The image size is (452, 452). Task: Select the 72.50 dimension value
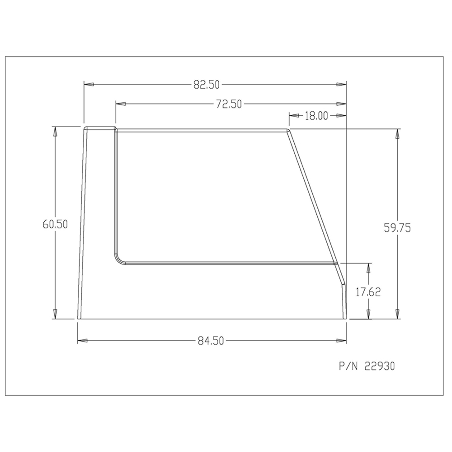pos(228,104)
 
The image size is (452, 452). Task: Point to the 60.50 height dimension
pos(55,224)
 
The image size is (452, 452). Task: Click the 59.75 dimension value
pos(397,228)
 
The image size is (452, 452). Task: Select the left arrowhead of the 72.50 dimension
pos(120,104)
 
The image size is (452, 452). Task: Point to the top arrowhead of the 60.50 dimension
pos(55,132)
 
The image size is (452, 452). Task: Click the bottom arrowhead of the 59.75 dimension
pos(397,314)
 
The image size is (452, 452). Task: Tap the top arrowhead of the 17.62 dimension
pos(369,267)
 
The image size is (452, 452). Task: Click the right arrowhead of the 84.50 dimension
pos(342,341)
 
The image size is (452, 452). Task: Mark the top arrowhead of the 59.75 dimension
pos(397,134)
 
